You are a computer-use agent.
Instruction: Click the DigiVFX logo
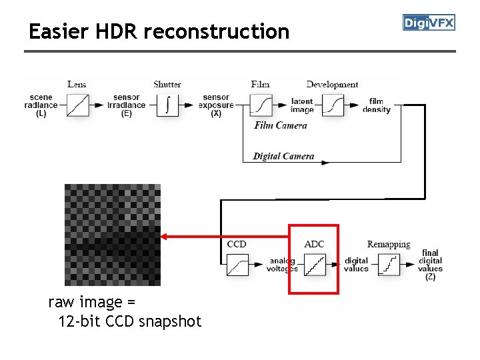pos(429,23)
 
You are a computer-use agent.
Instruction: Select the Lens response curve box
pos(79,105)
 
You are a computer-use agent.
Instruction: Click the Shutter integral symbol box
pos(167,105)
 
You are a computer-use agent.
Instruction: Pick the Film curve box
pos(261,105)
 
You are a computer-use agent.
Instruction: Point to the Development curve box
pos(333,105)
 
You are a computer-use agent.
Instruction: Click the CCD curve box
pos(237,265)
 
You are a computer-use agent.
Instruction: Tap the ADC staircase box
pos(315,265)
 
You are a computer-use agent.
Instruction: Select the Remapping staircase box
pos(388,265)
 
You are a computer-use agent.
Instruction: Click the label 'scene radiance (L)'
pos(41,105)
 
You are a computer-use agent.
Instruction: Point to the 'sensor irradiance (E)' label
pos(126,105)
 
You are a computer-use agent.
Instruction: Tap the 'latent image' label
pos(302,105)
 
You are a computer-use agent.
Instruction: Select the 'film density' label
pos(377,105)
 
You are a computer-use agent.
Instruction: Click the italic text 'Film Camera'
pos(281,125)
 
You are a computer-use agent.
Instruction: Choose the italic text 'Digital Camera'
pos(283,156)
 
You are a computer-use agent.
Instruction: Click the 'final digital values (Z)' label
pos(431,265)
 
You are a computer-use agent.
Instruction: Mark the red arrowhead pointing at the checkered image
pos(165,236)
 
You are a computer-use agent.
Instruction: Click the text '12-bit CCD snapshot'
pos(129,321)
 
